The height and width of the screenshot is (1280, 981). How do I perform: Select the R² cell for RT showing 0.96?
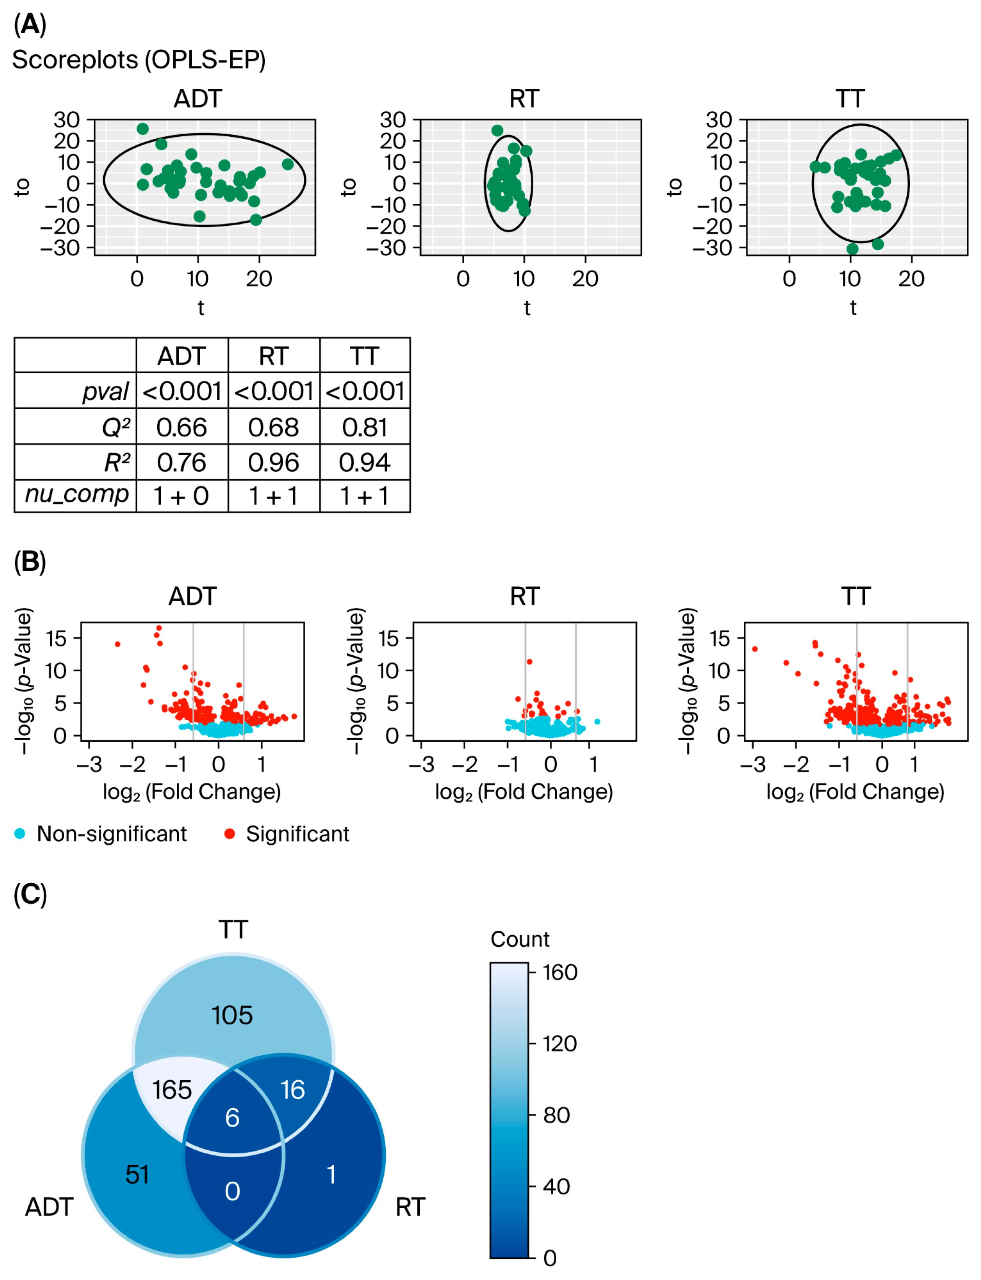click(x=273, y=463)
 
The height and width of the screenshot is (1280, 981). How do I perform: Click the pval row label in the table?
click(x=105, y=391)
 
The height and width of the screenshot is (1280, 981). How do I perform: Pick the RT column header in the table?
click(x=273, y=356)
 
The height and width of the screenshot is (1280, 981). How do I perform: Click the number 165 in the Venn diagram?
click(x=172, y=1090)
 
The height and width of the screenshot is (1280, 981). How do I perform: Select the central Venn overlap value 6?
click(x=232, y=1118)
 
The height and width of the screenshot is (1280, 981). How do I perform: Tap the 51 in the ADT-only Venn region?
click(x=137, y=1174)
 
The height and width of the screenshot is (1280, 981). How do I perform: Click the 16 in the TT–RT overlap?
click(x=293, y=1090)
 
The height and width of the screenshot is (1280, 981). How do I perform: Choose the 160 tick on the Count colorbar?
click(x=559, y=972)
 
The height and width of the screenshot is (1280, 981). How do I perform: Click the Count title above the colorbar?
click(x=520, y=939)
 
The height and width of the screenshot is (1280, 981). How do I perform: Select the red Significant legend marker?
click(x=230, y=834)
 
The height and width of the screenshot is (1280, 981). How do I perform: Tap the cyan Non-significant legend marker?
click(x=20, y=834)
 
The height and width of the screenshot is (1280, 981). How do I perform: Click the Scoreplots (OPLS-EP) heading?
click(x=139, y=60)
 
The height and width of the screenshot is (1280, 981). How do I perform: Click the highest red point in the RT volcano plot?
click(x=530, y=662)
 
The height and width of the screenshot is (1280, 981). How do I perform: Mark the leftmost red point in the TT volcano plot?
click(x=754, y=649)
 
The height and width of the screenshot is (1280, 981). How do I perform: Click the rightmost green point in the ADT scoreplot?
click(x=287, y=164)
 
